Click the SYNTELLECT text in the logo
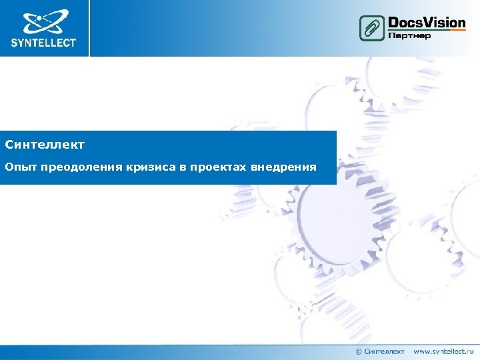(x=44, y=43)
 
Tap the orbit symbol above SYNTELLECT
(x=44, y=22)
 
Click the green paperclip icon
(x=371, y=28)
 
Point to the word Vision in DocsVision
(x=444, y=23)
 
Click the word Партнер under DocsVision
(x=409, y=35)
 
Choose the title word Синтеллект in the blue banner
(x=45, y=144)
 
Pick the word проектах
(x=219, y=166)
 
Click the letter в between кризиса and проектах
(x=182, y=167)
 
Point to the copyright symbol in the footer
(x=359, y=351)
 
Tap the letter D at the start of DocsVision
(x=393, y=23)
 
